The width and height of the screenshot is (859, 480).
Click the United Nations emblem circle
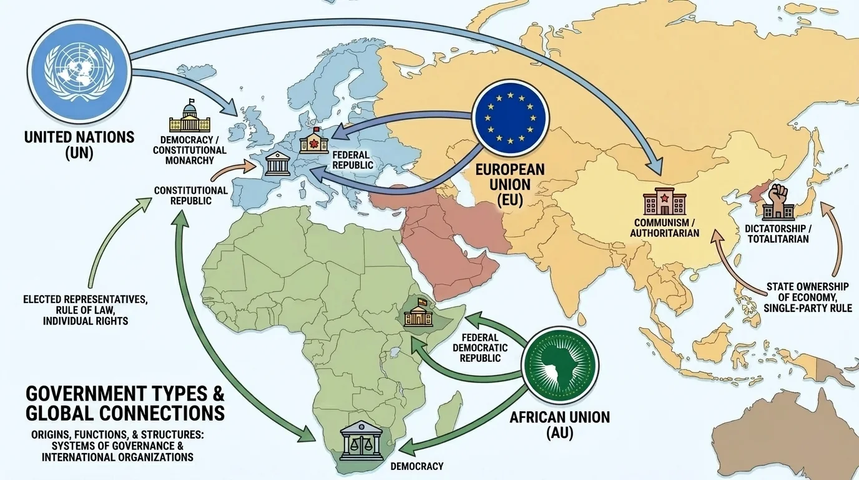79,67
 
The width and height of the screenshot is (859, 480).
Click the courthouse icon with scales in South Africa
363,443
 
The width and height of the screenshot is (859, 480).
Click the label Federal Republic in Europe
353,160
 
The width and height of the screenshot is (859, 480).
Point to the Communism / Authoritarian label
665,228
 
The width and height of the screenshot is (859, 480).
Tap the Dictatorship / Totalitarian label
777,232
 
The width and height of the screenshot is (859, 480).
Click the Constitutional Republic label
190,195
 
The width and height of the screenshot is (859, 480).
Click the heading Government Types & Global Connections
125,404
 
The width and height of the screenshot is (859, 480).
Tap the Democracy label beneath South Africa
416,466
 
